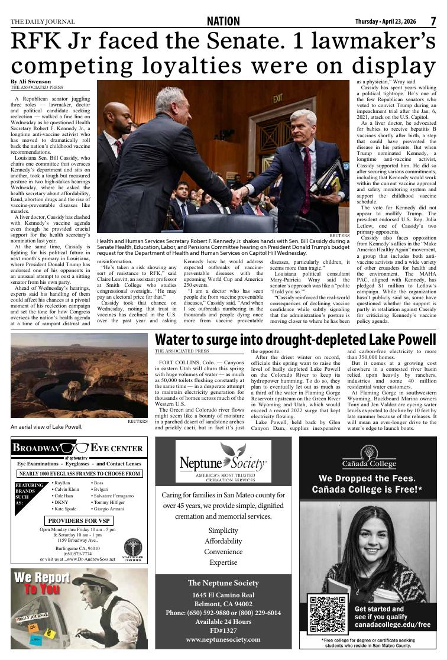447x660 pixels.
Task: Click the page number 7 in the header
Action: click(433, 21)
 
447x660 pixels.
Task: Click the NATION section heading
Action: click(223, 22)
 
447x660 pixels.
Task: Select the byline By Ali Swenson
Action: click(30, 82)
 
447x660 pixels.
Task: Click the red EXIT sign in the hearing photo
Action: click(277, 98)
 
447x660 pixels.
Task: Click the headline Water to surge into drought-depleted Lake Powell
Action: click(295, 341)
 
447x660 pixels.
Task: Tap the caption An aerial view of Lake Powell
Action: click(47, 426)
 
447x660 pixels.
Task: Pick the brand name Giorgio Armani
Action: click(111, 509)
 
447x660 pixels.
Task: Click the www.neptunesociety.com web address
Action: click(223, 639)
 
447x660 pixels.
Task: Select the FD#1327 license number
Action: click(223, 630)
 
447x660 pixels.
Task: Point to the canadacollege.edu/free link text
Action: click(392, 625)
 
